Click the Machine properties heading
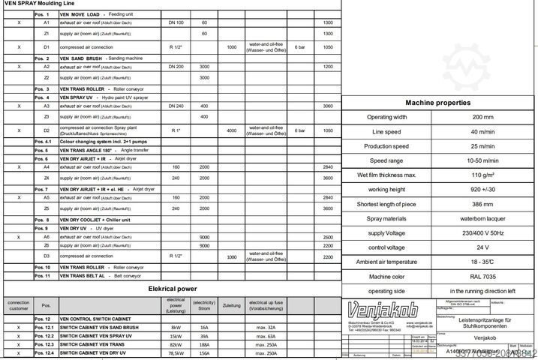(x=438, y=103)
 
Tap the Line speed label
(x=387, y=132)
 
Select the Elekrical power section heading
(x=172, y=288)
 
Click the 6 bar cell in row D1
(x=299, y=46)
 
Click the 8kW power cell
(x=176, y=328)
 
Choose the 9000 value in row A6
(x=204, y=237)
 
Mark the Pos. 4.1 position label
(x=46, y=141)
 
